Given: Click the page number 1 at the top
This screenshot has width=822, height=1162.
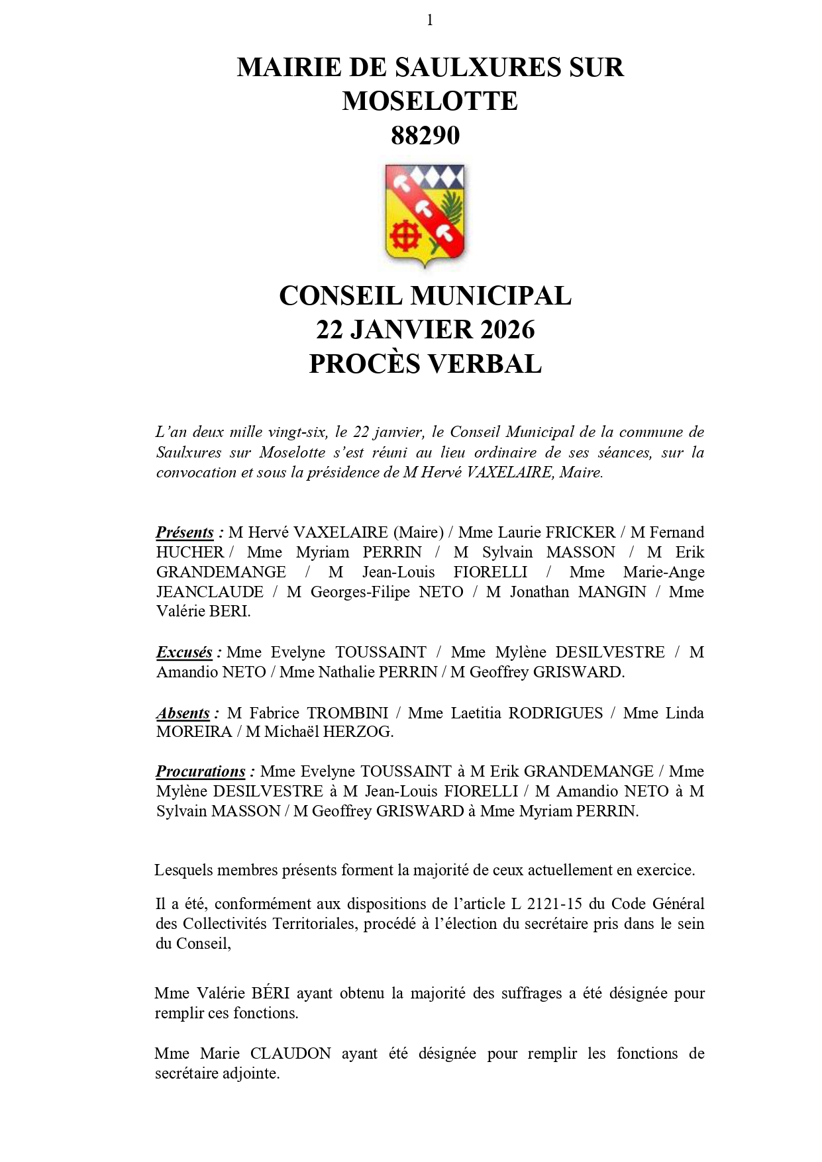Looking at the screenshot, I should pyautogui.click(x=430, y=21).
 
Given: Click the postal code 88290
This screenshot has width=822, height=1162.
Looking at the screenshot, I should pyautogui.click(x=425, y=136).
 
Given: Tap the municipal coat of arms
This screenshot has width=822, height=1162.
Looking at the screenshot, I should pyautogui.click(x=426, y=215).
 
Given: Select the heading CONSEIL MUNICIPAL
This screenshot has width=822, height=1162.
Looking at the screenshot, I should pyautogui.click(x=425, y=296).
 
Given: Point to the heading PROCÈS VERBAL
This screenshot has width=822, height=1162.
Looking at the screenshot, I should pyautogui.click(x=425, y=363).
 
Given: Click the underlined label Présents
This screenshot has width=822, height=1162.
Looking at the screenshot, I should pyautogui.click(x=185, y=532).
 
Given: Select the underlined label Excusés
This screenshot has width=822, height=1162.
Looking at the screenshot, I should pyautogui.click(x=184, y=652).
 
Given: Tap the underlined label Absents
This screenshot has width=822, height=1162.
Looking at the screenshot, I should pyautogui.click(x=183, y=713).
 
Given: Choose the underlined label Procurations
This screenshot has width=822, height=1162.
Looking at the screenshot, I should pyautogui.click(x=201, y=771).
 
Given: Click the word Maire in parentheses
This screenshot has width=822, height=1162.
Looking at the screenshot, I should pyautogui.click(x=419, y=532).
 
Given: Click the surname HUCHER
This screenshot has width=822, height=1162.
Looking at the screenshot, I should pyautogui.click(x=190, y=552).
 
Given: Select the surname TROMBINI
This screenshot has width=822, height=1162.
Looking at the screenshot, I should pyautogui.click(x=347, y=713).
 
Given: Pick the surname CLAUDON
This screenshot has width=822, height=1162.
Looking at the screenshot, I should pyautogui.click(x=290, y=1053).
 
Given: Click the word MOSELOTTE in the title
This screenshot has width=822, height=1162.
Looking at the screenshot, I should pyautogui.click(x=430, y=101).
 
